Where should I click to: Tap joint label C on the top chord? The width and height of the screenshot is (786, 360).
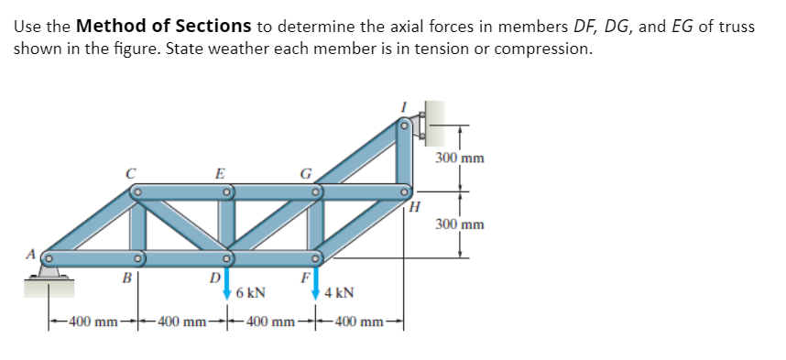[x=133, y=171]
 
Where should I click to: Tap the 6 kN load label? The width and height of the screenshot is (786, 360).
[x=250, y=294]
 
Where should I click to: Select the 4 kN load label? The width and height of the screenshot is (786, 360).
[x=340, y=294]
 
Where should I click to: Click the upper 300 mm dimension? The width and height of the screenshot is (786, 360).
[x=460, y=158]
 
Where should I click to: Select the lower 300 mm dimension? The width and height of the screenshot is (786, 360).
[x=460, y=224]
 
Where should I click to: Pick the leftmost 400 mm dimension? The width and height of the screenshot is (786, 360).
[x=89, y=322]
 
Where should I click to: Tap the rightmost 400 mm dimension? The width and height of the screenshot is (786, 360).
[x=359, y=322]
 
